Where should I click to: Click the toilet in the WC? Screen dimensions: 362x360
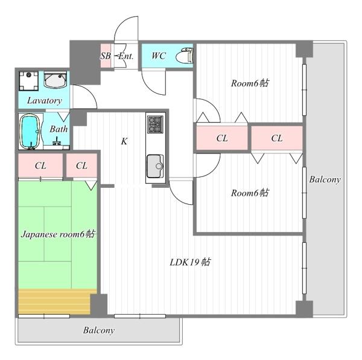(185, 56)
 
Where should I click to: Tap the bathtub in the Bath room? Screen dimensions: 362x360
(30, 132)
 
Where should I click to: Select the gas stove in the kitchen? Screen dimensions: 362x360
(156, 124)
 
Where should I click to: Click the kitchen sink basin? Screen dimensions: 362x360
(155, 166)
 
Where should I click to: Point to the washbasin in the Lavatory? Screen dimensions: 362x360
(56, 80)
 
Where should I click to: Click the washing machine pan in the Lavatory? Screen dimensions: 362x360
(28, 81)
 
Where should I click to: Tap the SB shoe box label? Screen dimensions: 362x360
(105, 56)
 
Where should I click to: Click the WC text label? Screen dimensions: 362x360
(159, 56)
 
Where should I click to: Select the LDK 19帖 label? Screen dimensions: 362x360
(190, 262)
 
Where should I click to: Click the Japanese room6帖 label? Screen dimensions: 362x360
(58, 234)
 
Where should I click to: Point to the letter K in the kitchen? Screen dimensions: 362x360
(124, 141)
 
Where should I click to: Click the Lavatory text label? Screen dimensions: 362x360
(44, 100)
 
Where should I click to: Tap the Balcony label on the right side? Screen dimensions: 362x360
(325, 179)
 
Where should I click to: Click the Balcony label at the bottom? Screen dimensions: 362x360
(99, 330)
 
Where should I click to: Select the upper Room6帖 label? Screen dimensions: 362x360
(250, 83)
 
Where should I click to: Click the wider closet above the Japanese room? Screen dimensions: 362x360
(40, 166)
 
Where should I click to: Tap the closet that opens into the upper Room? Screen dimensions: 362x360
(222, 138)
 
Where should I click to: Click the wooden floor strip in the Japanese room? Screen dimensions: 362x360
(54, 301)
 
